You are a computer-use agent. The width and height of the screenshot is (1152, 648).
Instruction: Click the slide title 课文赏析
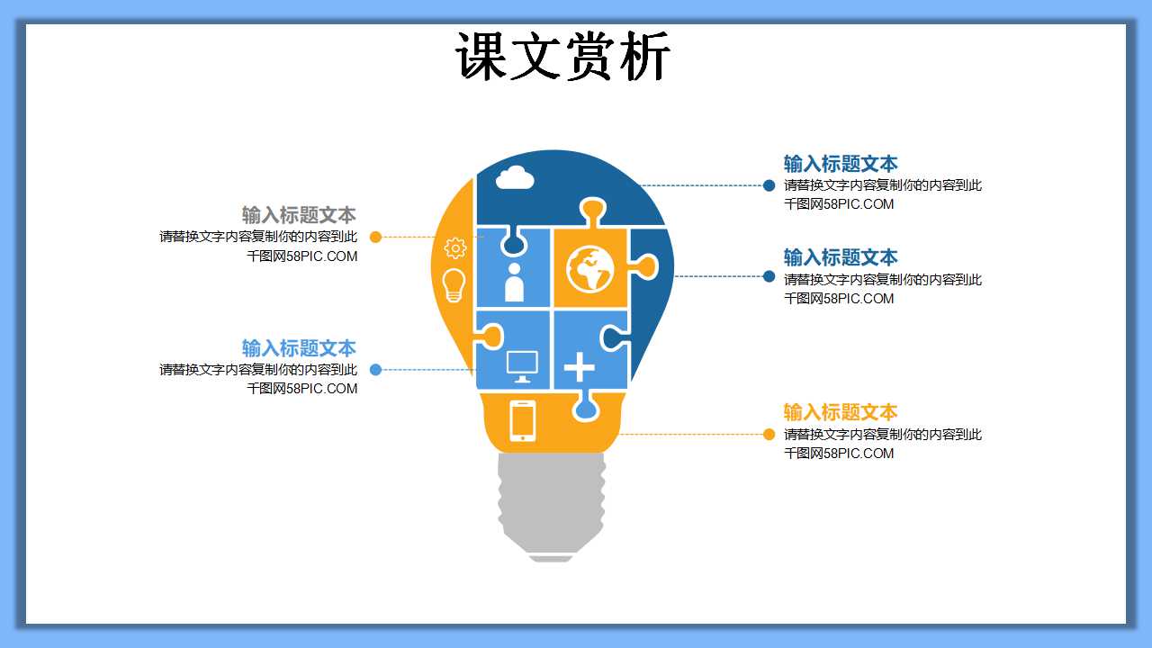point(563,58)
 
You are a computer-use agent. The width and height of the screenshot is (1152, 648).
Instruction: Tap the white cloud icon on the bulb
point(515,177)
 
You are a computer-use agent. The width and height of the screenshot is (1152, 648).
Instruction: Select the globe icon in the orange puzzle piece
point(590,268)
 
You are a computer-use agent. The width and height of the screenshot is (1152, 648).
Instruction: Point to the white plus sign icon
point(579,367)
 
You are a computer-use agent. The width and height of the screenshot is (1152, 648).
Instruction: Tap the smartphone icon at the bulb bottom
point(523,420)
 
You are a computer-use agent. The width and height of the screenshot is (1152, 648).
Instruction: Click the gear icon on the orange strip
point(455,248)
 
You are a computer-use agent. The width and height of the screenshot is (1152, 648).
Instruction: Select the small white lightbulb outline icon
point(454,284)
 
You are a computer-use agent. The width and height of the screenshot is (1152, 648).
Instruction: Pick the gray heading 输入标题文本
point(299,215)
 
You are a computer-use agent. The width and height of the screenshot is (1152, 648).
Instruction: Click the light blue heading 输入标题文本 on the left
point(299,348)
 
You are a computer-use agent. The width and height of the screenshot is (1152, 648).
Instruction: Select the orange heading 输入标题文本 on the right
point(841,412)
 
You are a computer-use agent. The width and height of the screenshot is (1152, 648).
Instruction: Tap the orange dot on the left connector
point(376,238)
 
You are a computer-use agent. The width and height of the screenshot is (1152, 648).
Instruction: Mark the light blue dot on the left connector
point(376,370)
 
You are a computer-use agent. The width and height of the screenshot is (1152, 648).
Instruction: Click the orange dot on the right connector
point(769,435)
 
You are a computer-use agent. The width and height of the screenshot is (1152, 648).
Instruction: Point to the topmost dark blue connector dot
point(769,185)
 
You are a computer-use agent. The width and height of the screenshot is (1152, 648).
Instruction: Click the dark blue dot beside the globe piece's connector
point(769,276)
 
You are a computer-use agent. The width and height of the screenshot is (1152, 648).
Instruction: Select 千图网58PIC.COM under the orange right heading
point(839,454)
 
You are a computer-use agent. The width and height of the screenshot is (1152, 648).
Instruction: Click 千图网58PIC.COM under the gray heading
point(302,256)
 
